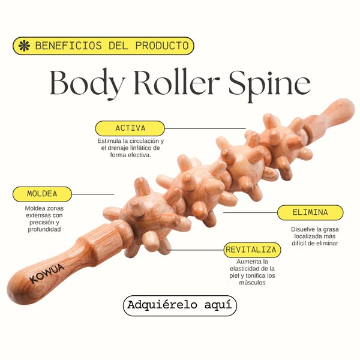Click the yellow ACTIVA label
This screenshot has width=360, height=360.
pyautogui.click(x=130, y=128)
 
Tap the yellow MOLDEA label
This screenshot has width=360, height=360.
pyautogui.click(x=42, y=194)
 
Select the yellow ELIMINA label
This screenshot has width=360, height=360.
pyautogui.click(x=310, y=212)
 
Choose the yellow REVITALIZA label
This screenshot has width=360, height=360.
pyautogui.click(x=251, y=249)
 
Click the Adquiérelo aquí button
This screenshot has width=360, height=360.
pyautogui.click(x=180, y=305)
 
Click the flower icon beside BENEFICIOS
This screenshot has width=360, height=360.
pyautogui.click(x=23, y=46)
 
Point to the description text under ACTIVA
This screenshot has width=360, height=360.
pyautogui.click(x=130, y=148)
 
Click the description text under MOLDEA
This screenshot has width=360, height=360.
pyautogui.click(x=43, y=218)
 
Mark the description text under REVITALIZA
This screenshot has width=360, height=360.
pyautogui.click(x=251, y=272)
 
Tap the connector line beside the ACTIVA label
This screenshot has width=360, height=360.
pyautogui.click(x=204, y=128)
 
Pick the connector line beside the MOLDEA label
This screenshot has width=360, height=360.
pyautogui.click(x=93, y=194)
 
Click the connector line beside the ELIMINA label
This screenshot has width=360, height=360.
pyautogui.click(x=249, y=212)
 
